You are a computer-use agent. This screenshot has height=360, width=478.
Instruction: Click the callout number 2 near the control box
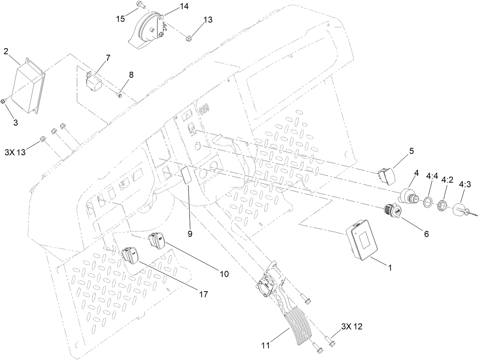(6, 51)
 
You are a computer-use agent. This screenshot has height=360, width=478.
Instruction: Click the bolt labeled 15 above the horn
(139, 5)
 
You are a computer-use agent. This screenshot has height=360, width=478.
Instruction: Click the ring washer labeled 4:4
(428, 201)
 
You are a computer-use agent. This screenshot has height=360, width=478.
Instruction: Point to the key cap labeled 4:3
(459, 209)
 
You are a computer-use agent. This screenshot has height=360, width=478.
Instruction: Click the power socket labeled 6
(391, 211)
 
